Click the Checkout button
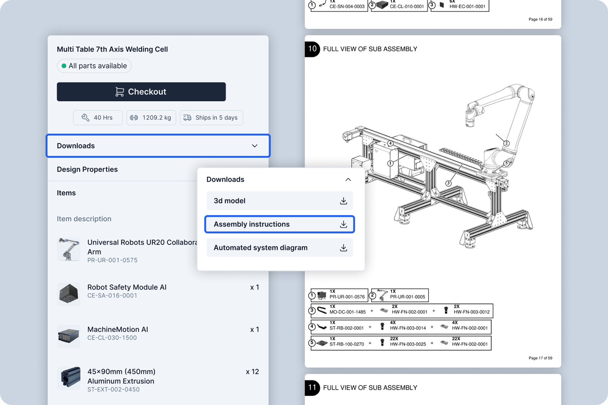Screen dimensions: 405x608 (x=141, y=92)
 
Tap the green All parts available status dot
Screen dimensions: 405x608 (x=64, y=66)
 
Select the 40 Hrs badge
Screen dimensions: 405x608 (x=98, y=118)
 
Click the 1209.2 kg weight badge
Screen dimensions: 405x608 (x=151, y=118)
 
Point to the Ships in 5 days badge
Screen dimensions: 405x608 (x=211, y=118)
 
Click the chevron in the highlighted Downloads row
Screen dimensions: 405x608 (x=254, y=146)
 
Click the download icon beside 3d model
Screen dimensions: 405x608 (x=343, y=201)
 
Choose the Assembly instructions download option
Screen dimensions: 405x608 (x=279, y=224)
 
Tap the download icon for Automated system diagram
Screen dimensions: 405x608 (x=343, y=248)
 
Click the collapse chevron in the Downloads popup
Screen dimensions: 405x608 (x=348, y=180)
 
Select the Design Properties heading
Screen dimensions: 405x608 (x=87, y=169)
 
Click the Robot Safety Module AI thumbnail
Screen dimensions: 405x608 (x=69, y=294)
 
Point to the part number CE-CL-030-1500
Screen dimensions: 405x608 (x=112, y=338)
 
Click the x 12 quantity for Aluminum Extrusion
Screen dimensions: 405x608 (x=252, y=372)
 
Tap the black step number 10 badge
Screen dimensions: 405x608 (x=312, y=49)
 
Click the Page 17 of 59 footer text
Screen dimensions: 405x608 (x=540, y=358)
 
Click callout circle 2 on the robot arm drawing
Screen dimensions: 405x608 (x=506, y=143)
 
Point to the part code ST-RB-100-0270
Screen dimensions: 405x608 (x=346, y=344)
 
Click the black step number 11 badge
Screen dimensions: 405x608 (x=312, y=387)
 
